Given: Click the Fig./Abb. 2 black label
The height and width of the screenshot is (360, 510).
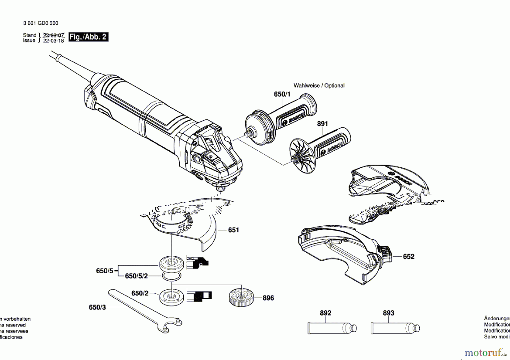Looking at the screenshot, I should (x=88, y=37).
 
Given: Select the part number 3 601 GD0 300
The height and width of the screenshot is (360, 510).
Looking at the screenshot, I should (x=41, y=23).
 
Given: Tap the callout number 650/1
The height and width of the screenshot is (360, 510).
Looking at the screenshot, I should (x=282, y=94).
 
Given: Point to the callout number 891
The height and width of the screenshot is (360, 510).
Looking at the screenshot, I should (x=322, y=124).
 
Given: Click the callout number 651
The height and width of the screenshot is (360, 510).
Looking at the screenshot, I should (x=233, y=230).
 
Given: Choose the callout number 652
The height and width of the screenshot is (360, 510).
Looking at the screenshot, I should (x=408, y=257).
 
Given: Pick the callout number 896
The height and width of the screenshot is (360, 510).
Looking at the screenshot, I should (x=268, y=298).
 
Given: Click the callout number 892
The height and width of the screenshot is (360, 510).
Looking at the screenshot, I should (x=325, y=313).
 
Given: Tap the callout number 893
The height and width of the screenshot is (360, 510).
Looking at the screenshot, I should (x=388, y=313).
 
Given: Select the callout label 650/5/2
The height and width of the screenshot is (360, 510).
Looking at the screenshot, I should (x=136, y=276).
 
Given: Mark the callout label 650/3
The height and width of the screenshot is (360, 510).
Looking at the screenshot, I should (x=97, y=307).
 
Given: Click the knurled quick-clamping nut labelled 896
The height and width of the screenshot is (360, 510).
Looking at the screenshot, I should (x=241, y=297).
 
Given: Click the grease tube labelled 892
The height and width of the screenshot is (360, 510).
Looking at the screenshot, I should (x=331, y=328).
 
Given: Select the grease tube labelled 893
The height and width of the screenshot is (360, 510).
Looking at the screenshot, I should (x=395, y=328).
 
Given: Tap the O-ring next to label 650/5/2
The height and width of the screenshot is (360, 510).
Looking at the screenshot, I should (x=172, y=276).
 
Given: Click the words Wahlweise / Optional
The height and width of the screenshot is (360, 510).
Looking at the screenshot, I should (x=319, y=86).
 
